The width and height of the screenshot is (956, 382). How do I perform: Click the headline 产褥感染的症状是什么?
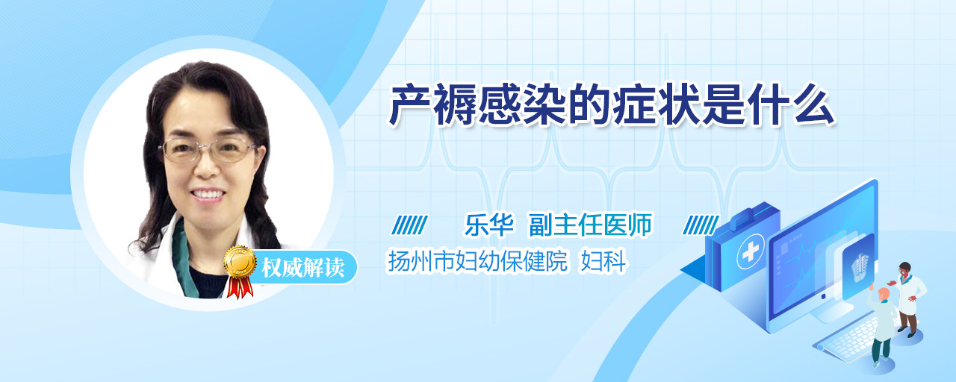[x=611, y=105]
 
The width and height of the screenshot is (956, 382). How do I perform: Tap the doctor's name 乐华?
[x=489, y=225]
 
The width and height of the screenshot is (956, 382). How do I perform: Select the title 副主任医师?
[x=590, y=225]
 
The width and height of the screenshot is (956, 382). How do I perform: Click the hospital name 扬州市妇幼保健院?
[x=477, y=261]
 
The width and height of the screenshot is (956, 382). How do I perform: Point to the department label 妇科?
[x=603, y=261]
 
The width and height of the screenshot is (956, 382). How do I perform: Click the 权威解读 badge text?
[x=303, y=267]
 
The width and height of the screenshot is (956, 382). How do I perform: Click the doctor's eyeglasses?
[x=208, y=149]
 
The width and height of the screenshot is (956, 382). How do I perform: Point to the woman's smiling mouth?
[x=208, y=195]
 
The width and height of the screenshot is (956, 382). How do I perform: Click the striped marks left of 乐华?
[x=410, y=225]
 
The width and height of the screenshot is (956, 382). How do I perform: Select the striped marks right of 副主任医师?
[x=701, y=225]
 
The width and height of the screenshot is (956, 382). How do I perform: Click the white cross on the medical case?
[x=750, y=252]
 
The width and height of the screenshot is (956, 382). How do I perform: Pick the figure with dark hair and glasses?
[x=910, y=299]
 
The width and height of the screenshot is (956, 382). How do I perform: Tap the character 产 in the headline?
[x=409, y=105]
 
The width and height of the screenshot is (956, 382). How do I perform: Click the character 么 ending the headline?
[x=813, y=105]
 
